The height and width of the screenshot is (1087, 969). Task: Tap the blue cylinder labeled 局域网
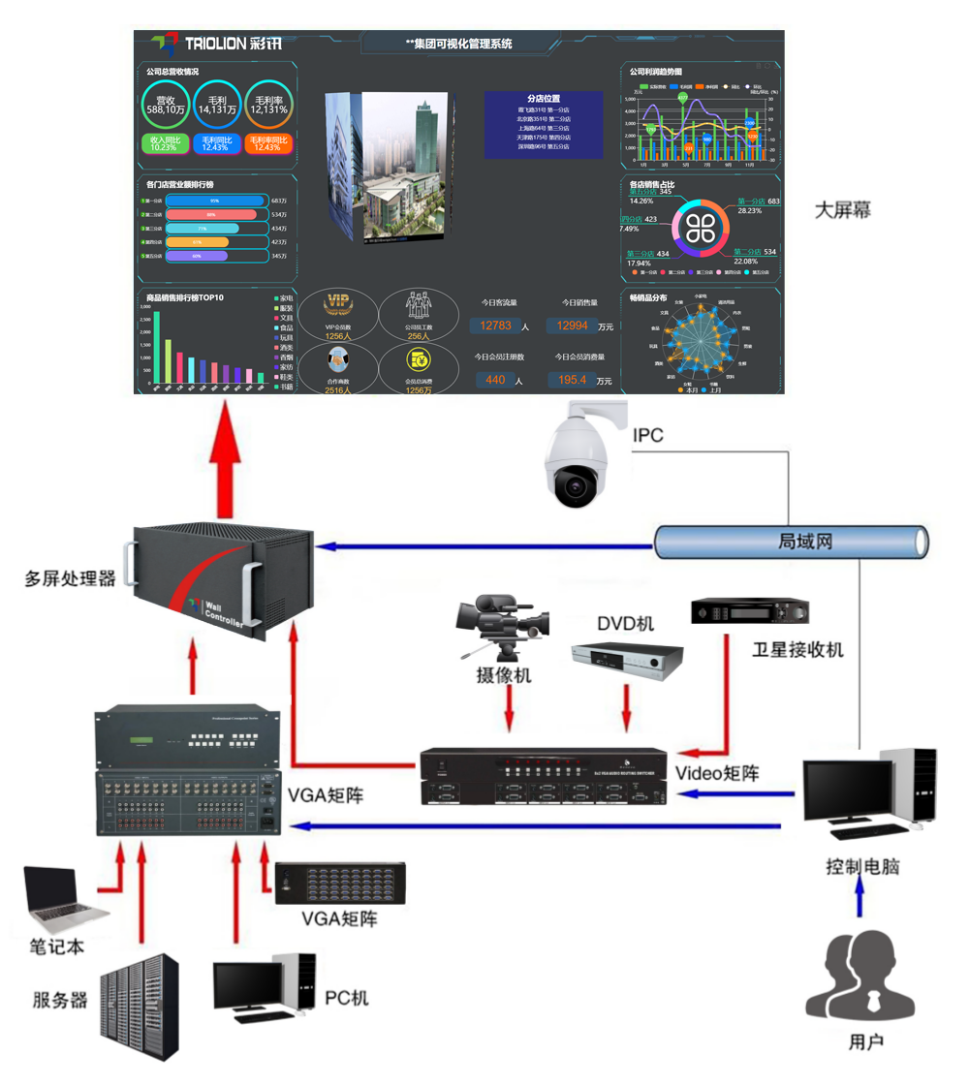click(x=791, y=541)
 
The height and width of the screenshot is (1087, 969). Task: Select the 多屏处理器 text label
click(x=71, y=578)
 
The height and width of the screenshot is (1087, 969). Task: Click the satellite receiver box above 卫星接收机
click(x=749, y=612)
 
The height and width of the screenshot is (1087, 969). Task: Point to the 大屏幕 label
click(x=842, y=209)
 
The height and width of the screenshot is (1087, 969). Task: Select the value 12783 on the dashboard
click(x=495, y=326)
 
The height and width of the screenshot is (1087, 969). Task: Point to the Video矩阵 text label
click(x=717, y=773)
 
